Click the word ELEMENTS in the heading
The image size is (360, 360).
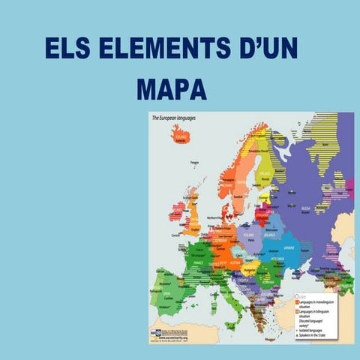click(x=154, y=49)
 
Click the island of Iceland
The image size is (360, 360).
click(x=181, y=136)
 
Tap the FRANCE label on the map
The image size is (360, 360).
click(x=199, y=263)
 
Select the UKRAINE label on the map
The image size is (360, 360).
click(x=288, y=247)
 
